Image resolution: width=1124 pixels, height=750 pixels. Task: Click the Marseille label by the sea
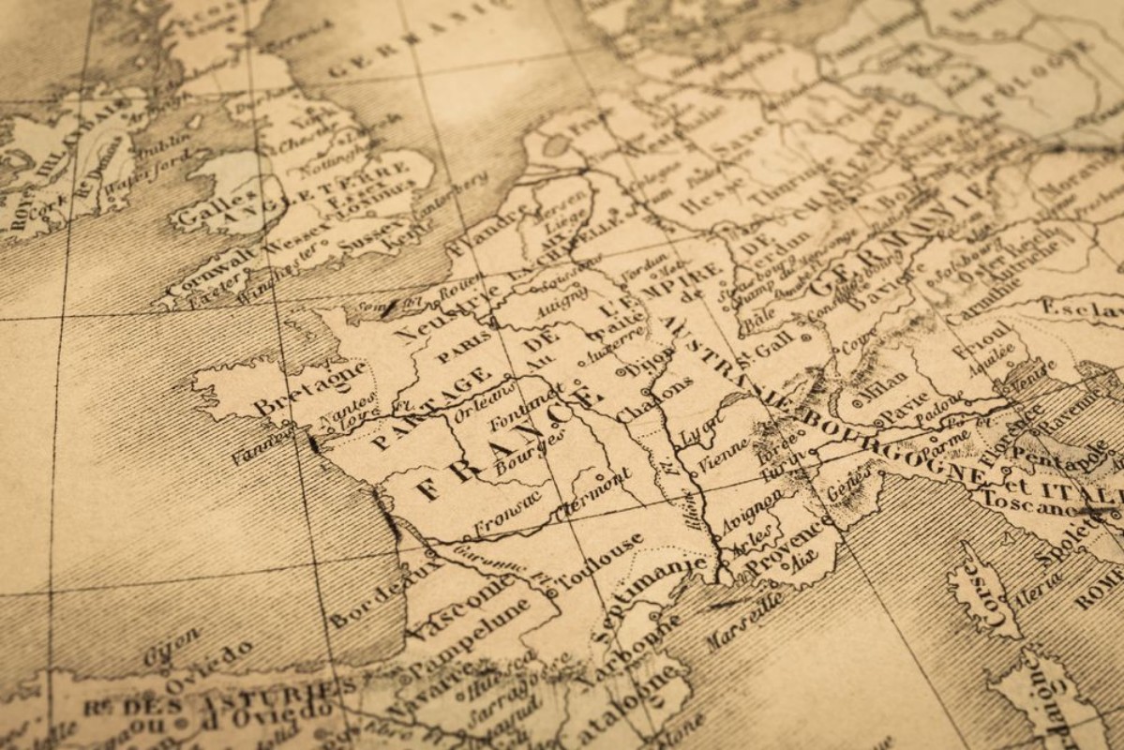click(745, 620)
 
